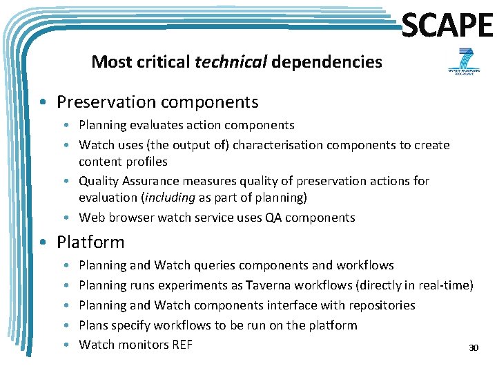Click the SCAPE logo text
click(x=447, y=26)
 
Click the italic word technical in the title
click(x=231, y=62)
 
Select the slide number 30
click(x=474, y=347)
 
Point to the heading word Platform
click(x=90, y=242)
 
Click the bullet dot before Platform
click(x=43, y=243)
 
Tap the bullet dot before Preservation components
click(x=43, y=103)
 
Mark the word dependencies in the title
click(x=327, y=62)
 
